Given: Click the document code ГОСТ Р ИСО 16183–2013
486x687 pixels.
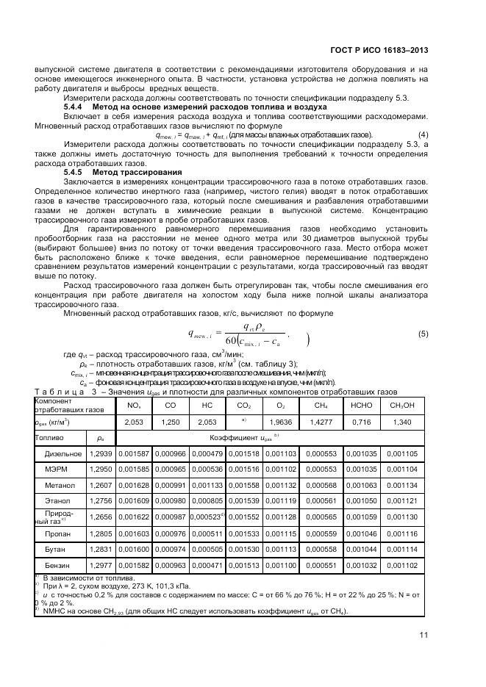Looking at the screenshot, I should click(x=385, y=51).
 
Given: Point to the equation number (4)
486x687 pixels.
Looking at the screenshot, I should click(x=423, y=135).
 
